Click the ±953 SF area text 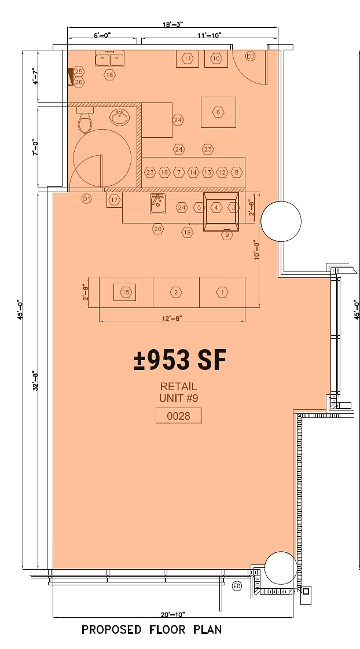tap(179, 360)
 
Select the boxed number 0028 tap(178, 416)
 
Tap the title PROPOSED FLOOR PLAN tap(152, 629)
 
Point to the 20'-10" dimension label tap(174, 614)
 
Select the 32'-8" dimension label tap(37, 381)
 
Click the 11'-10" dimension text tap(210, 35)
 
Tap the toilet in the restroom tap(85, 120)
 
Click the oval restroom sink tap(120, 117)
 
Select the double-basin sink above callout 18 tap(109, 59)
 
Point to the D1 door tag tap(86, 199)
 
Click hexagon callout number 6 tap(218, 112)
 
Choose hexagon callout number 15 tap(126, 292)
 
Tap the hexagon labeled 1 tap(222, 292)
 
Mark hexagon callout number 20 tap(157, 229)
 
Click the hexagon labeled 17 tap(114, 200)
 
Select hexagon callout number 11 tap(188, 58)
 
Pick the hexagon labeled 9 tap(227, 234)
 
